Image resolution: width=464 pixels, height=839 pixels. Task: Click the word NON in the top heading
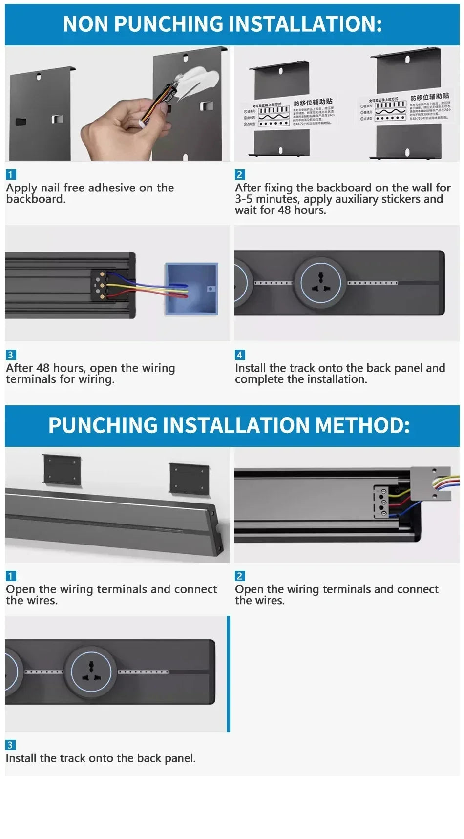(85, 24)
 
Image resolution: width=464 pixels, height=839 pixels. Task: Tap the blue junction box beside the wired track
(191, 289)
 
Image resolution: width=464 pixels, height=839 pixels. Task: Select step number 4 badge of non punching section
(239, 355)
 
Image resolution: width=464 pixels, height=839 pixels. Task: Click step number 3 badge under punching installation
(10, 745)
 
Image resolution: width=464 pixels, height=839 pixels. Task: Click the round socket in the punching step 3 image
(91, 671)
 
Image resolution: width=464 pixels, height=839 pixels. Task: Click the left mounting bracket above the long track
(62, 470)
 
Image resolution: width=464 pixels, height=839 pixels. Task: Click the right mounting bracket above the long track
(189, 478)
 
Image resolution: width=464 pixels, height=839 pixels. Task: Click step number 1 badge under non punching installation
(11, 174)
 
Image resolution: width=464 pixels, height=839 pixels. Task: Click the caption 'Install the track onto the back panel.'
(101, 758)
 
